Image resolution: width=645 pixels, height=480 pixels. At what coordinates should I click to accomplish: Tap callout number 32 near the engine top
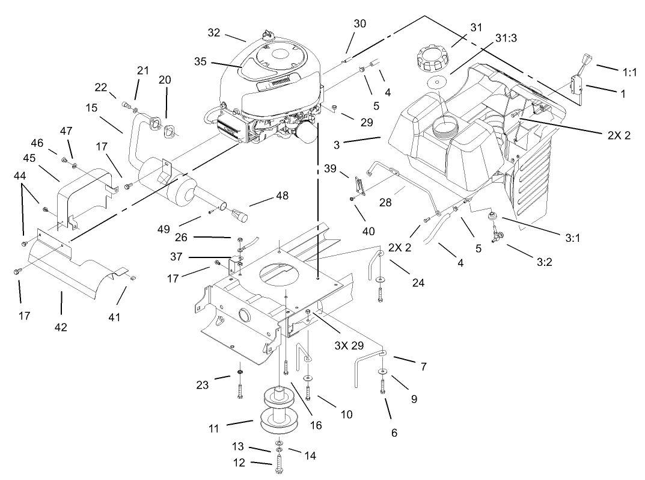point(214,33)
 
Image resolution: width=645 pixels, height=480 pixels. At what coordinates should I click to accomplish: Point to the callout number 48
point(281,195)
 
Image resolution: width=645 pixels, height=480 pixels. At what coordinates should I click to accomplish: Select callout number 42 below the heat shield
point(61,327)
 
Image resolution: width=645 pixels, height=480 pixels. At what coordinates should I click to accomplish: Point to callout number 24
point(418,282)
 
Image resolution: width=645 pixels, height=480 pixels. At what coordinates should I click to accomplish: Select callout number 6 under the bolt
point(394,432)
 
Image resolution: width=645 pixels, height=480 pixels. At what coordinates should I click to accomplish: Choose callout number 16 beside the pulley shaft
point(316,425)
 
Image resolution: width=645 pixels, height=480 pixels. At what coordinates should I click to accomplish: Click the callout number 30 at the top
point(359,23)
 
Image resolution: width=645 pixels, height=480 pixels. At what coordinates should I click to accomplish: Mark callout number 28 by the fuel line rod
point(385,203)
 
